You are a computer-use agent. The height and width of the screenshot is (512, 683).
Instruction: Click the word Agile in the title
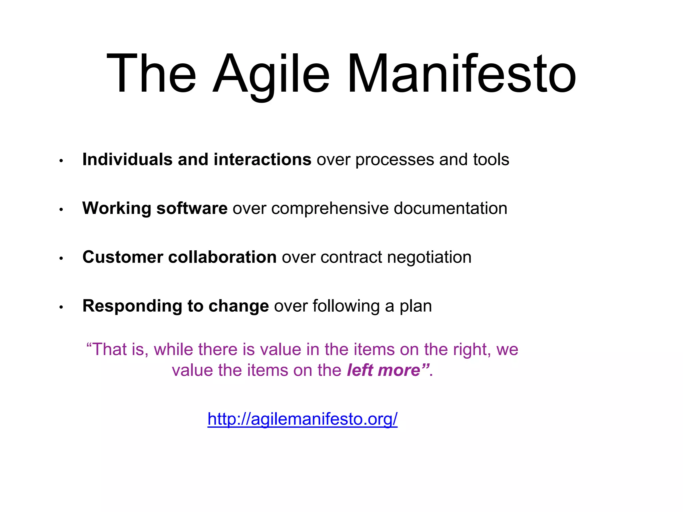(x=271, y=74)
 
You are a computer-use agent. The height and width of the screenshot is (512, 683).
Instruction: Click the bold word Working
(x=117, y=208)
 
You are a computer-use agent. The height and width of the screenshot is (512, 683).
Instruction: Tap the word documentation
(x=450, y=208)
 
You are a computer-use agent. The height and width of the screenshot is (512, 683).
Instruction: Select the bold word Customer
(x=123, y=257)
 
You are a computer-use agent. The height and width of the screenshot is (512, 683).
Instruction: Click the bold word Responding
(x=132, y=306)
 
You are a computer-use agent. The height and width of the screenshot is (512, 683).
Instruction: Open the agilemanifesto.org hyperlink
(x=302, y=419)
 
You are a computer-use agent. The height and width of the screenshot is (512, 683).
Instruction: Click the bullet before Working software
(x=61, y=210)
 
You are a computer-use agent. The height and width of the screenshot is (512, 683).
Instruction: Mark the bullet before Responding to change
(x=61, y=307)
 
